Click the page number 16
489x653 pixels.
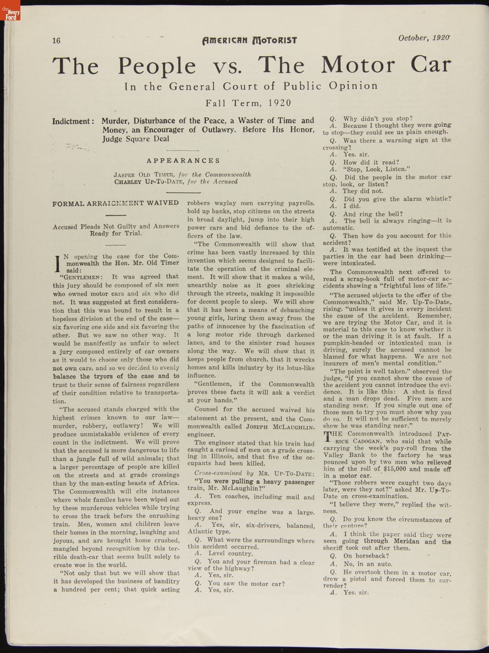coord(56,40)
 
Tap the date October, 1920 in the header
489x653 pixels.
coord(424,38)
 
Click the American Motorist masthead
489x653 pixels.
coord(250,40)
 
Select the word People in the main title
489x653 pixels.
coord(157,66)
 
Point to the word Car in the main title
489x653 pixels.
coord(431,64)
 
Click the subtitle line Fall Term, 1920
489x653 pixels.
coord(248,103)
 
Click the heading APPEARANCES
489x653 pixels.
coord(183,161)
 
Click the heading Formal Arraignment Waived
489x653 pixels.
coord(115,203)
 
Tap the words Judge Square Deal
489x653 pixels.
coord(136,139)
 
